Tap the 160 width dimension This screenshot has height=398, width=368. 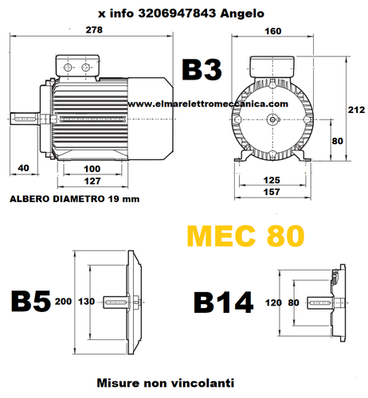[274, 31]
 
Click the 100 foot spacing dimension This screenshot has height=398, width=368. [92, 168]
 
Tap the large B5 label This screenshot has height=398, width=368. [29, 302]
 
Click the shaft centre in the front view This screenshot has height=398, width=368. [273, 119]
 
